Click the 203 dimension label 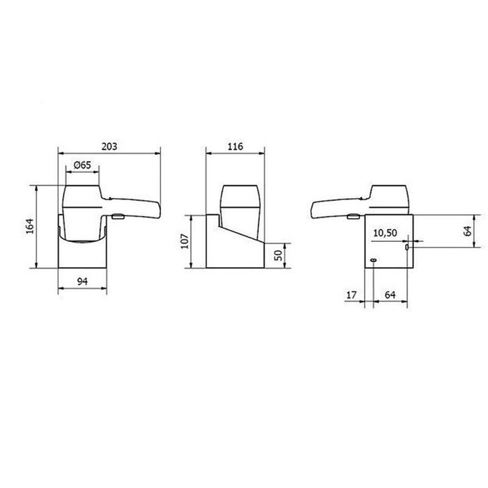[x=108, y=146]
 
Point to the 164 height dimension [x=29, y=227]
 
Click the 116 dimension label [x=235, y=146]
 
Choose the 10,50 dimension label [x=386, y=232]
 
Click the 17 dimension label [x=351, y=296]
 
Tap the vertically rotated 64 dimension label [x=468, y=231]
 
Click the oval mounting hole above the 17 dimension [x=374, y=261]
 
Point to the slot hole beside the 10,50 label [x=407, y=247]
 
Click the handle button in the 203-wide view [x=119, y=218]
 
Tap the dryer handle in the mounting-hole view [x=335, y=207]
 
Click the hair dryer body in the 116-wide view [x=238, y=206]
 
